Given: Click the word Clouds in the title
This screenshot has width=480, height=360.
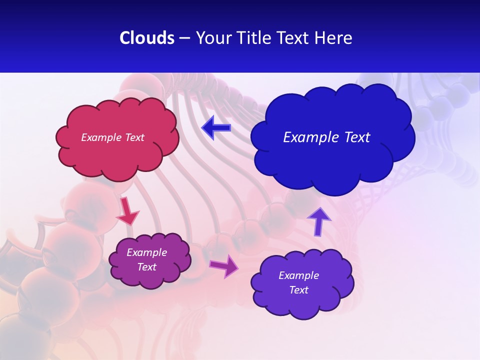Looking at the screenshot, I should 146,38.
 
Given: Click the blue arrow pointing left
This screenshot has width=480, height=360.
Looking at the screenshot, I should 216,128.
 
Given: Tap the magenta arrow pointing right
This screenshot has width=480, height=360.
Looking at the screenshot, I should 224,265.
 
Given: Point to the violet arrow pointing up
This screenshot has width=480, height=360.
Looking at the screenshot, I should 318,221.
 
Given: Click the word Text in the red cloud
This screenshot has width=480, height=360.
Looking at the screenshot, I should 134,137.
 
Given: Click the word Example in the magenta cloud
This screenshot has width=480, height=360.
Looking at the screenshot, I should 147,252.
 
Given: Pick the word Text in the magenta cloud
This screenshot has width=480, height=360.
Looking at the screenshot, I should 147,267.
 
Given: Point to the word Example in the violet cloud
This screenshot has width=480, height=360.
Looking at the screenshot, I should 298,275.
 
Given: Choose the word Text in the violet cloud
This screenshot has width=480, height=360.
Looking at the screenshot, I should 298,290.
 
